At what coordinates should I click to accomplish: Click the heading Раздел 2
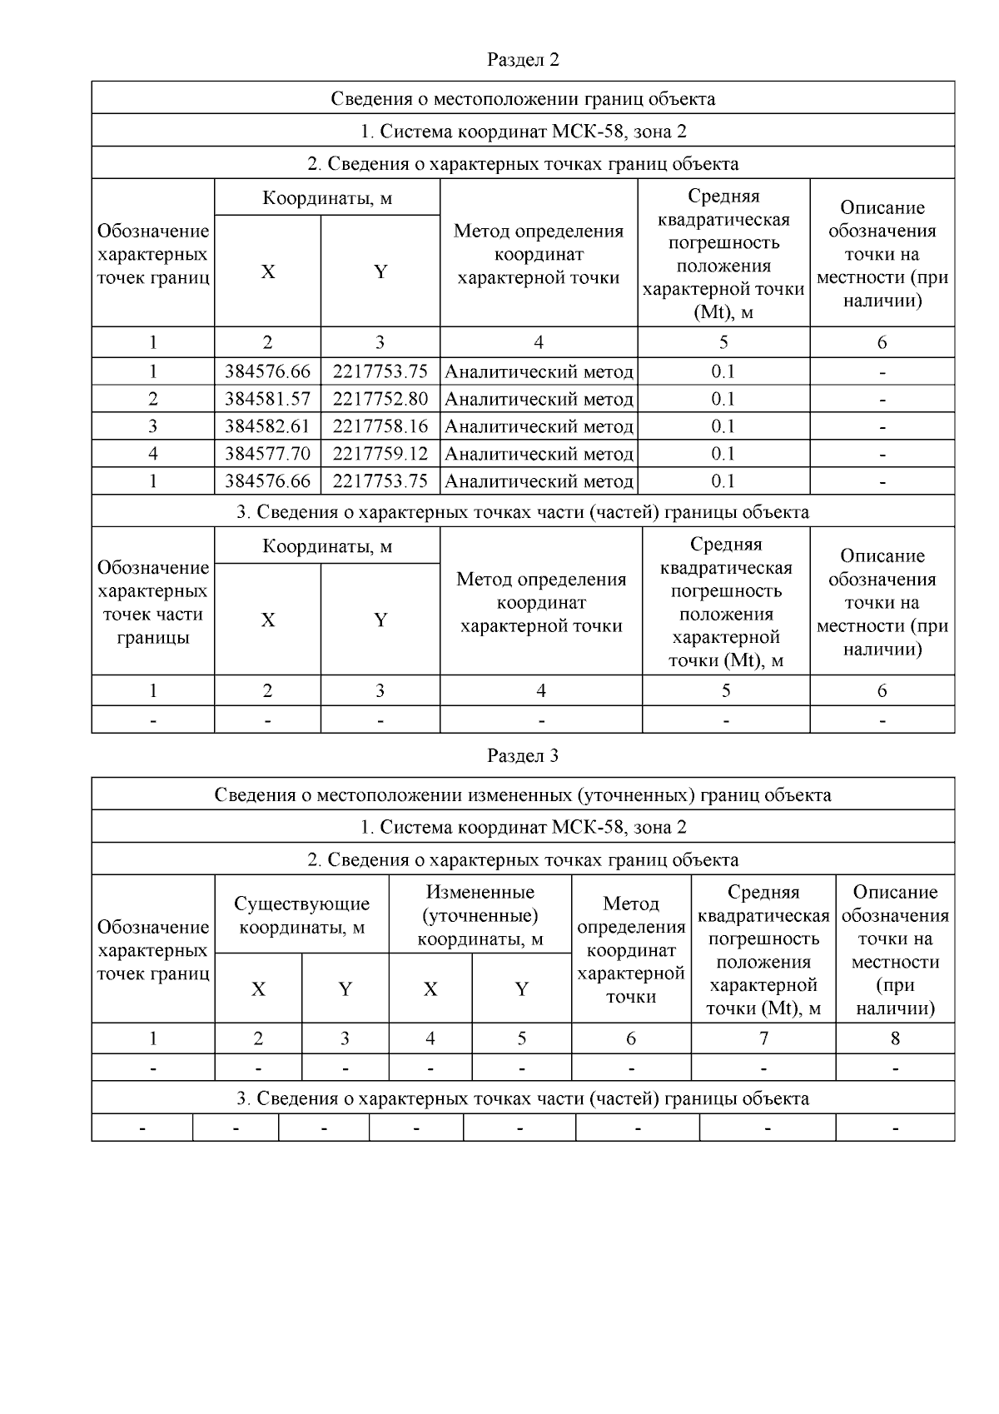pyautogui.click(x=523, y=60)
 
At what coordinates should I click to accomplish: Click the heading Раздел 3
pyautogui.click(x=523, y=756)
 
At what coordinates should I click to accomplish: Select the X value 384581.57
pyautogui.click(x=267, y=399)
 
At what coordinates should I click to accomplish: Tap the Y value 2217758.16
pyautogui.click(x=380, y=426)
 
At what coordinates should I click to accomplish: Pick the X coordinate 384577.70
pyautogui.click(x=267, y=454)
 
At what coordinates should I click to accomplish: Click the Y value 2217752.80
pyautogui.click(x=380, y=399)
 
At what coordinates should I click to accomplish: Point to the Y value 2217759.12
pyautogui.click(x=380, y=454)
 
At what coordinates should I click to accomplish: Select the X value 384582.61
pyautogui.click(x=267, y=426)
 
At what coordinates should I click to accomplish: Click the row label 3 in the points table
pyautogui.click(x=153, y=426)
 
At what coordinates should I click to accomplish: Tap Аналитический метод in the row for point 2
pyautogui.click(x=539, y=399)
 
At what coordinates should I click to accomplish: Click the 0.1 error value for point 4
pyautogui.click(x=723, y=454)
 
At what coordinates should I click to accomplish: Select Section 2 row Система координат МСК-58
pyautogui.click(x=523, y=131)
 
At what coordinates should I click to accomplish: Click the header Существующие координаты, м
pyautogui.click(x=301, y=915)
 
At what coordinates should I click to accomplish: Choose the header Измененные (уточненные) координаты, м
pyautogui.click(x=480, y=915)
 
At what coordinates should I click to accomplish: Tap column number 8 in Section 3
pyautogui.click(x=895, y=1038)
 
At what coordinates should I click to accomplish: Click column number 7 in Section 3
pyautogui.click(x=763, y=1038)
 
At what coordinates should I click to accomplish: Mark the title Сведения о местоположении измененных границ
pyautogui.click(x=523, y=794)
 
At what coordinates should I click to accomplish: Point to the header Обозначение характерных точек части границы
pyautogui.click(x=153, y=602)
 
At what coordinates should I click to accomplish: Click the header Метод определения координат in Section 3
pyautogui.click(x=631, y=949)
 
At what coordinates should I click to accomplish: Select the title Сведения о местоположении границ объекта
pyautogui.click(x=523, y=98)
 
